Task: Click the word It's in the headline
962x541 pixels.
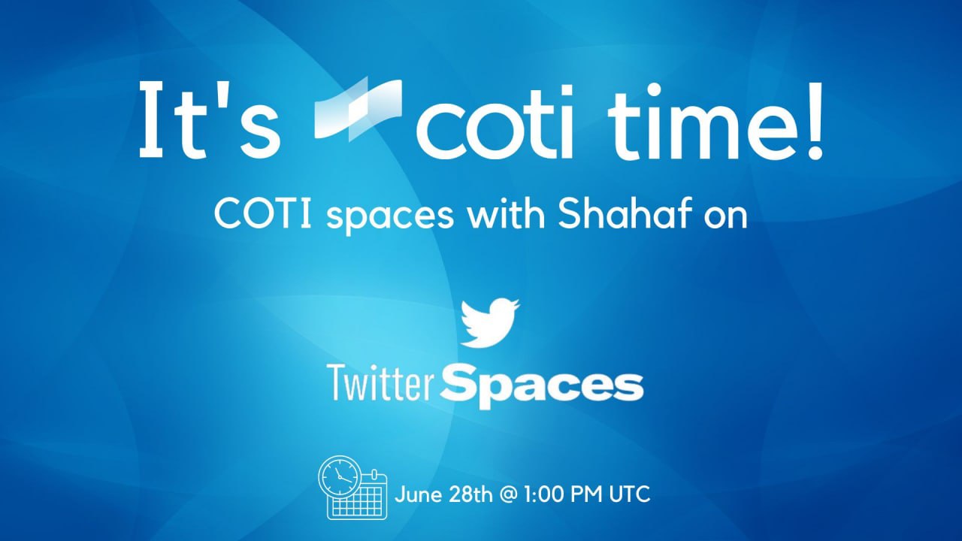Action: pos(209,121)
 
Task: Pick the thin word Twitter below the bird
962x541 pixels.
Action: pos(380,383)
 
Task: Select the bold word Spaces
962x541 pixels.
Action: pos(541,385)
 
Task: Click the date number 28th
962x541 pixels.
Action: pos(471,495)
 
